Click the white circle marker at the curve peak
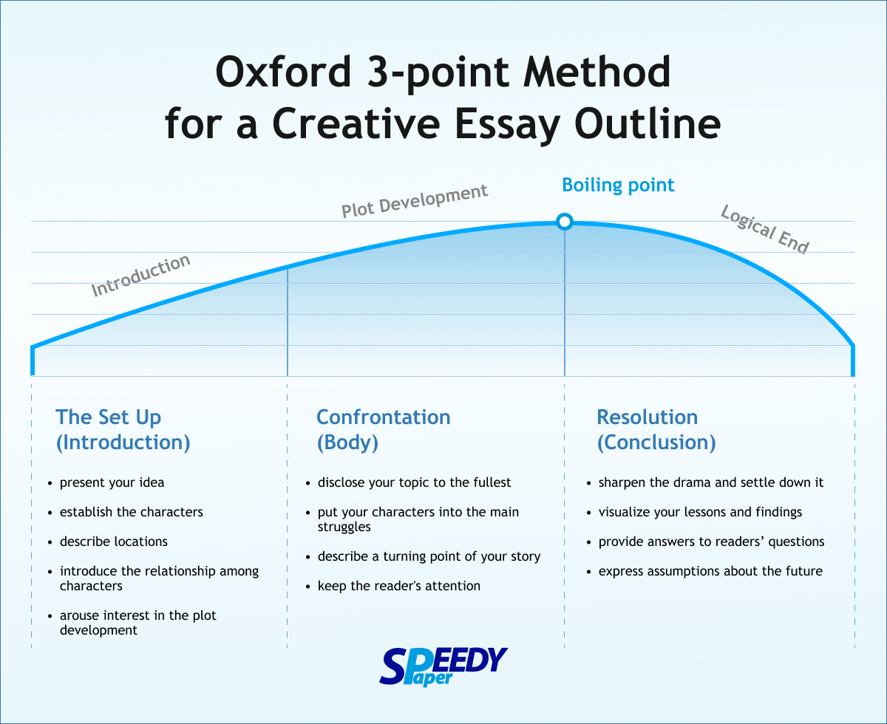click(565, 221)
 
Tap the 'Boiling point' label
click(618, 185)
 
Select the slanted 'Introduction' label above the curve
click(141, 276)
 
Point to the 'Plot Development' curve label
click(414, 201)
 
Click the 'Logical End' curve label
click(765, 229)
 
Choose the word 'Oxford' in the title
click(283, 72)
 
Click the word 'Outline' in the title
click(648, 124)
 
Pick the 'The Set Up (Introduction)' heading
click(123, 430)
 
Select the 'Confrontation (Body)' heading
click(383, 430)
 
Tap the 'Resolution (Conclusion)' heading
click(656, 430)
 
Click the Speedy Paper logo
click(443, 666)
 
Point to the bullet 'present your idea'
click(112, 482)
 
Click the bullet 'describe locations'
click(114, 542)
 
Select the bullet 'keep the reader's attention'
click(398, 586)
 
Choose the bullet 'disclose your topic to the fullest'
click(414, 482)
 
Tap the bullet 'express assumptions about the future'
click(710, 571)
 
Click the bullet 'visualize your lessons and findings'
click(700, 512)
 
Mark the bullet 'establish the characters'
click(132, 512)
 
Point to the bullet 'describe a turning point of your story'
click(429, 556)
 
